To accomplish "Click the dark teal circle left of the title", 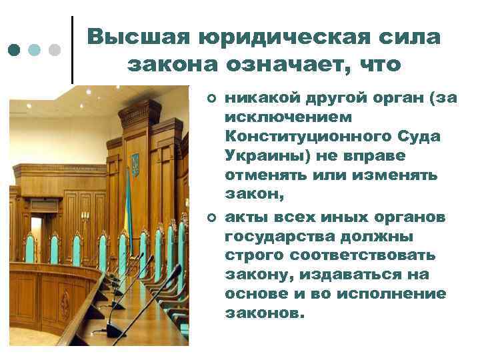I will (14, 51).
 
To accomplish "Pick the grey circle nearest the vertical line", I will (55, 51).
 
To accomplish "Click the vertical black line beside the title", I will (72, 49).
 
